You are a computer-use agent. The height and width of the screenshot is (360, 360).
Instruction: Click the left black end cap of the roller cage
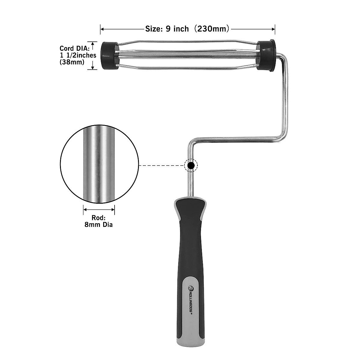click(109, 56)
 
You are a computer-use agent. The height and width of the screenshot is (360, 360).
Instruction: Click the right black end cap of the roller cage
click(266, 56)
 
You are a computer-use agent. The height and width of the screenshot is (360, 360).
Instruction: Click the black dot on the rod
click(190, 165)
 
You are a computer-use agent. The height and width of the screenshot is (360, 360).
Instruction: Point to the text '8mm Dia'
click(99, 224)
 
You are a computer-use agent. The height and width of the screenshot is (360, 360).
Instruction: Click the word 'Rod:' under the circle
click(99, 218)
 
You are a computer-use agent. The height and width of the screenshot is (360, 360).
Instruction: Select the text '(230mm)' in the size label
click(212, 29)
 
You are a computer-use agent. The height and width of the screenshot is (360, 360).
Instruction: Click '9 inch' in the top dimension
click(177, 29)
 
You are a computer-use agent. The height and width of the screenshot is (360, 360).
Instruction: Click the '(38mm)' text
click(72, 62)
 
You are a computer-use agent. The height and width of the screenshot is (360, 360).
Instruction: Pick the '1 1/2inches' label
click(78, 55)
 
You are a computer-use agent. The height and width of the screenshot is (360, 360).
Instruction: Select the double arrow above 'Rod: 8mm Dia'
click(99, 210)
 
